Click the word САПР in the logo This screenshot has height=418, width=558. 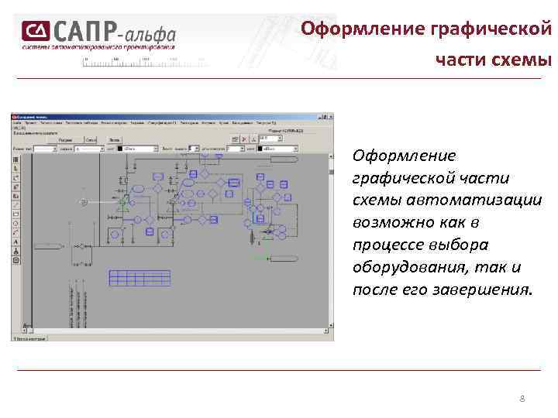(x=84, y=32)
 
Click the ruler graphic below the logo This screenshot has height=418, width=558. (x=143, y=60)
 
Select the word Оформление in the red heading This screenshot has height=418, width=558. (x=350, y=29)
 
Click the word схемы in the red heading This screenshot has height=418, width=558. (x=524, y=60)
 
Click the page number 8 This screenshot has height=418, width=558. (x=522, y=399)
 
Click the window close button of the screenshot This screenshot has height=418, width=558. (x=332, y=117)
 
